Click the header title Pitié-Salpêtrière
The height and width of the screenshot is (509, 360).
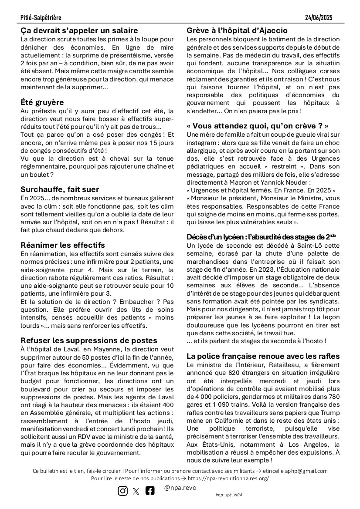point(41,18)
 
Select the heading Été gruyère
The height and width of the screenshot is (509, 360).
point(42,103)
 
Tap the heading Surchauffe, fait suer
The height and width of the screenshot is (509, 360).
point(60,189)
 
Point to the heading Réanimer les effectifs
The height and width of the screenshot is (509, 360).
point(63,245)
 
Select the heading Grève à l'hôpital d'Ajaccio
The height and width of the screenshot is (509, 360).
point(237,30)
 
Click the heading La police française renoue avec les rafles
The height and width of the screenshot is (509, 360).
point(263,356)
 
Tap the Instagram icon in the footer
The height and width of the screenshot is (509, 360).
point(123,491)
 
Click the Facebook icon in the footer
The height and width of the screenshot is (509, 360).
point(150,491)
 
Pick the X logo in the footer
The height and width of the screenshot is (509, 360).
point(136,491)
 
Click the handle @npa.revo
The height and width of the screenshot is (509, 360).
point(180,488)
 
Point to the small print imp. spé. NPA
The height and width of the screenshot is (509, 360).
point(230,495)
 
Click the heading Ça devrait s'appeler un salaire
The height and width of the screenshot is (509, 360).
point(79,30)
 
